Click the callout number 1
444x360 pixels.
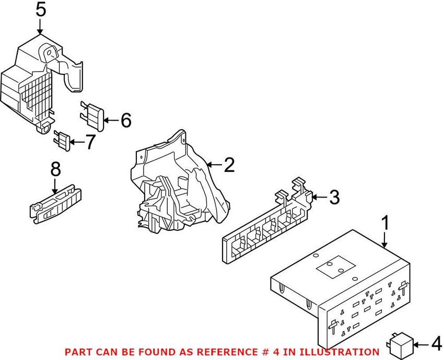pos(385,223)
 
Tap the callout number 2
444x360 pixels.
pos(229,166)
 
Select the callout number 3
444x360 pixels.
pos(334,197)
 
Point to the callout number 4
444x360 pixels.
pos(436,345)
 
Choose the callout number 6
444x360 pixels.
pos(126,120)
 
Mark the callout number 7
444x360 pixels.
pos(90,142)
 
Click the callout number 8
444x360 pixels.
pos(55,169)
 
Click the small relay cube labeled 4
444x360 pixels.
pos(400,344)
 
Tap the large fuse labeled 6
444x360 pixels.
pos(94,116)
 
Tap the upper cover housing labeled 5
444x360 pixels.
pos(37,78)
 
